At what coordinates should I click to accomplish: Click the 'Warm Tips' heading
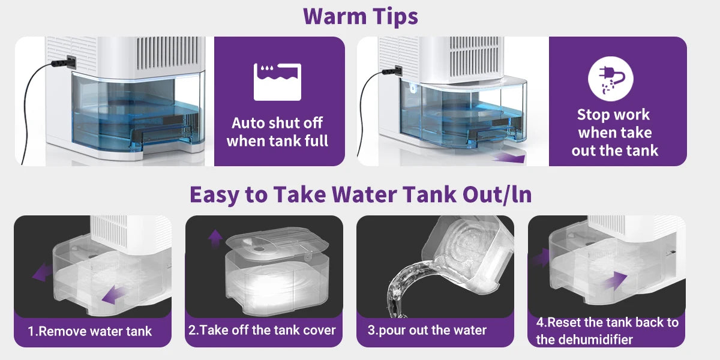coord(361,16)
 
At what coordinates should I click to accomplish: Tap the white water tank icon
coord(277,82)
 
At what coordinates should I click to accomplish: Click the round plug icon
coord(610,79)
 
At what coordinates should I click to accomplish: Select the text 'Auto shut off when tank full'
coord(277,132)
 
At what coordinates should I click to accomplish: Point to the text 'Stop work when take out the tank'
coord(614,133)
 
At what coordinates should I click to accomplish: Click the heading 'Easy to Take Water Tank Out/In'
coord(361,195)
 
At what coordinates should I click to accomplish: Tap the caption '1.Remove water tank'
coord(89,331)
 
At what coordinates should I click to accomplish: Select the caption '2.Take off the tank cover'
coord(262,330)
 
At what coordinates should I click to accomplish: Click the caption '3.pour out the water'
coord(427,331)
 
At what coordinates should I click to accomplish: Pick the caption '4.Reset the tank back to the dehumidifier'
coord(607,331)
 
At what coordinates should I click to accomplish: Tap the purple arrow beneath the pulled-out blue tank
coord(509,158)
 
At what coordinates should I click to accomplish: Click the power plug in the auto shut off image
coord(64,62)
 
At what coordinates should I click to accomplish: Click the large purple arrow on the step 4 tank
coord(615,280)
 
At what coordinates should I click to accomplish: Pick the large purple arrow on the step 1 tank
coord(114,295)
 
